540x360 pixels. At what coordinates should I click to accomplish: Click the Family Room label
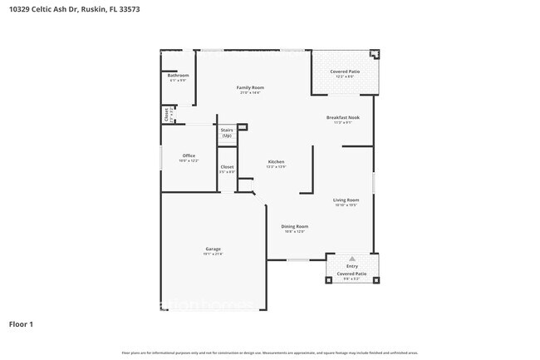click(250, 87)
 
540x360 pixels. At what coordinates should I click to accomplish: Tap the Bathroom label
click(179, 76)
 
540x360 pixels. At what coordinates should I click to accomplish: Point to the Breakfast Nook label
click(342, 118)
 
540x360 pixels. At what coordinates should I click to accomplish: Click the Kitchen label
click(276, 161)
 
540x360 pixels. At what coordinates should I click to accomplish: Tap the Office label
click(189, 155)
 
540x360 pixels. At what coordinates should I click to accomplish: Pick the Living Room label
click(346, 200)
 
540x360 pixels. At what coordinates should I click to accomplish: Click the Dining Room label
click(295, 226)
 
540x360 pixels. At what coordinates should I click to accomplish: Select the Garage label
click(214, 249)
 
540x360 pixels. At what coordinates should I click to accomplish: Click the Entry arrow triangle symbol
click(351, 259)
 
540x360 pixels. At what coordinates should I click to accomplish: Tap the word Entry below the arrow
click(352, 266)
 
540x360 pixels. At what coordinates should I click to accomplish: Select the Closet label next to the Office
click(227, 166)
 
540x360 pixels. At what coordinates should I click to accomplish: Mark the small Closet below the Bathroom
click(166, 114)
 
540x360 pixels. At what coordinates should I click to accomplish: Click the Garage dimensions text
click(214, 254)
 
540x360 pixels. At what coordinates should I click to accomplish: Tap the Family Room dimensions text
click(250, 92)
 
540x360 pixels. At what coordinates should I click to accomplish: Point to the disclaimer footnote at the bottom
click(270, 353)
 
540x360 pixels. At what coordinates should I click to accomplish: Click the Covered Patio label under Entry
click(352, 273)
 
